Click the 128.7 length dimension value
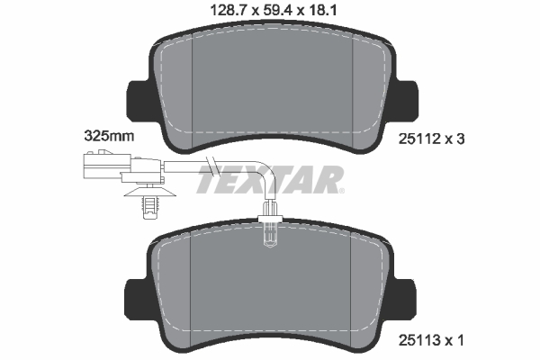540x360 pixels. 229,10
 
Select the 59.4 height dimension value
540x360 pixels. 277,10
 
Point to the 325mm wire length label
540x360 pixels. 109,136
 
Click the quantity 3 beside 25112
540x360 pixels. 461,139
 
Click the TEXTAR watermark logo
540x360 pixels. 270,179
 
